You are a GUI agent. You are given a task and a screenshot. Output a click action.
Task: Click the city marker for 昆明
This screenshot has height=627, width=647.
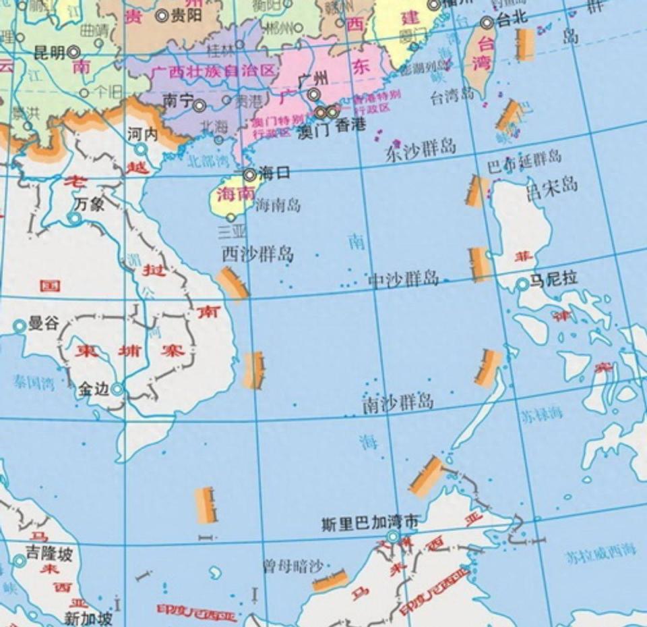click(x=73, y=52)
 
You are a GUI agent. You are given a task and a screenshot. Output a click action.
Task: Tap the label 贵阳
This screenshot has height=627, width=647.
click(x=186, y=15)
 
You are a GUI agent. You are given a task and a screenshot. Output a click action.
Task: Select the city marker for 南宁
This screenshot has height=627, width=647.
click(x=199, y=105)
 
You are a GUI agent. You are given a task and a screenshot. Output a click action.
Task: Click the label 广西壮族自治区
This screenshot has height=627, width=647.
click(x=213, y=71)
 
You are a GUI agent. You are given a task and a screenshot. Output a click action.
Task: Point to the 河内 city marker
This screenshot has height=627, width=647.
click(x=140, y=149)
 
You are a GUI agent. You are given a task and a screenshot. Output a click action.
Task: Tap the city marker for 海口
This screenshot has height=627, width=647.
click(x=249, y=175)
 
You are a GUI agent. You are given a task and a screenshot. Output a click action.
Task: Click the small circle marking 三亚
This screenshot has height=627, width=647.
click(x=231, y=217)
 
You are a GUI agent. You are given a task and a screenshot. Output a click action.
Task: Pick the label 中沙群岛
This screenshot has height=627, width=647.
click(x=404, y=279)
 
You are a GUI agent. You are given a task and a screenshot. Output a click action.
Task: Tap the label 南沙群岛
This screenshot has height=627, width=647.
click(x=398, y=403)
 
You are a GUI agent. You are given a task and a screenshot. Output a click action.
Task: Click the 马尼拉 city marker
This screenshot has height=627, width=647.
click(x=522, y=285)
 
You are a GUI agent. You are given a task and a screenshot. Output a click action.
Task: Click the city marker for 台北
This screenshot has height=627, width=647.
click(x=487, y=22)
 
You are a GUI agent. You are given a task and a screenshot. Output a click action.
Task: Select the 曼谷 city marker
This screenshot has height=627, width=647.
click(x=20, y=327)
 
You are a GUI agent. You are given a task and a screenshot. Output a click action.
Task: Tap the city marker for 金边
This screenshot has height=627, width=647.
click(x=117, y=389)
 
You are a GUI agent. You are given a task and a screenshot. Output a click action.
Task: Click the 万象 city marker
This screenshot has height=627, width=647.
click(x=75, y=218)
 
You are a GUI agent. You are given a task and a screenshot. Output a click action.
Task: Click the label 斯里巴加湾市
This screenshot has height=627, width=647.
click(x=370, y=522)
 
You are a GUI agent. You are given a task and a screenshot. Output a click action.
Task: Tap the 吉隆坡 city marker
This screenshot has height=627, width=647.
click(x=20, y=560)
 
